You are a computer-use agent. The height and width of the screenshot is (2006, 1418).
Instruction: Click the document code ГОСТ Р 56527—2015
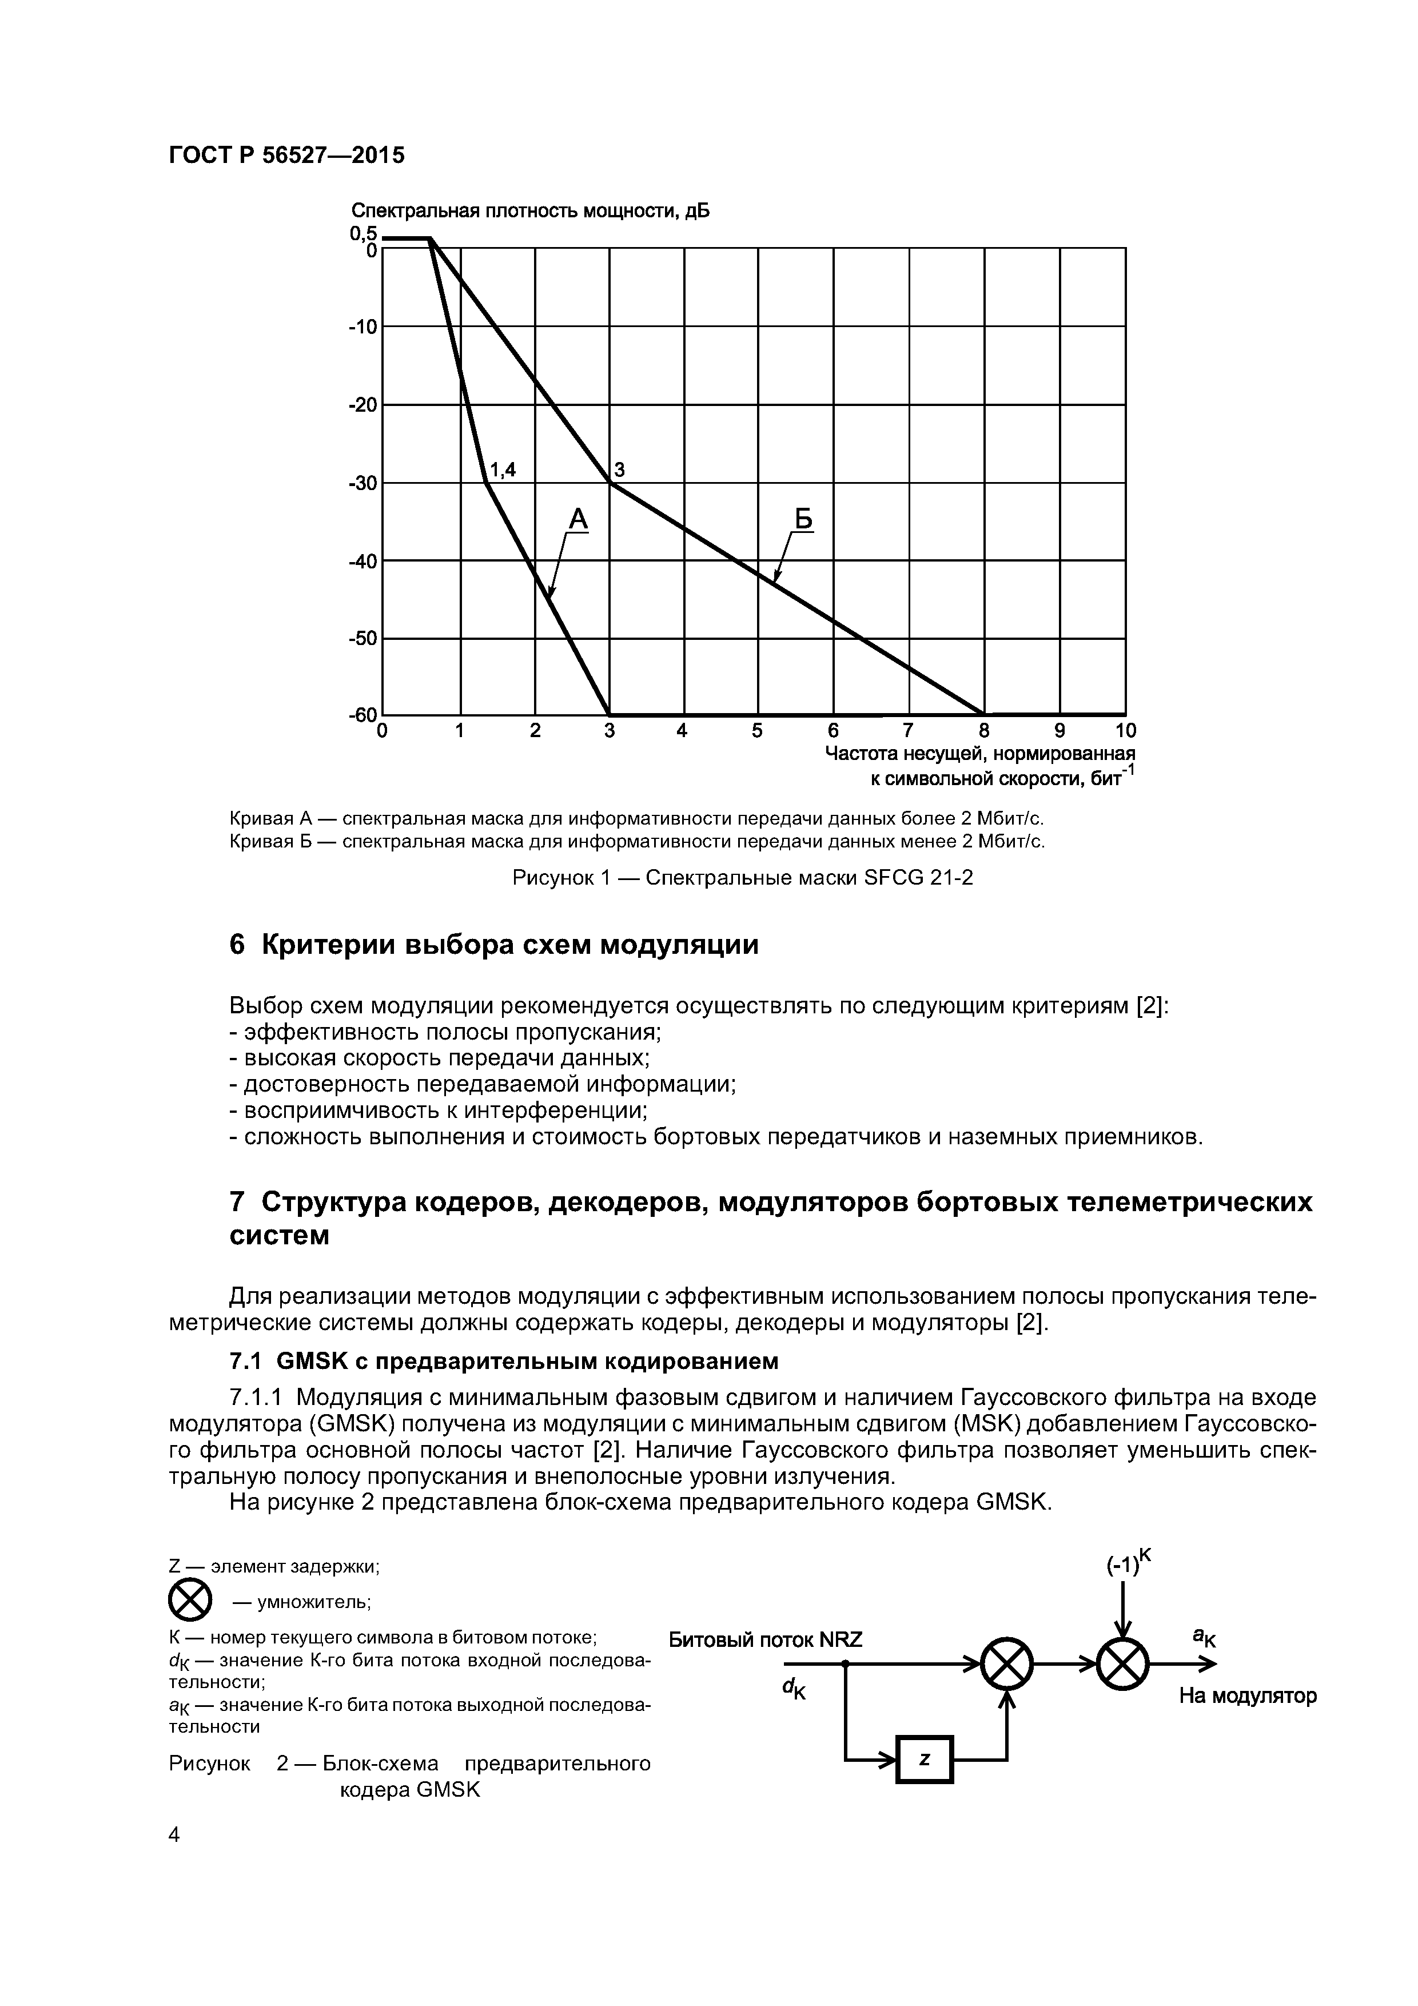286,156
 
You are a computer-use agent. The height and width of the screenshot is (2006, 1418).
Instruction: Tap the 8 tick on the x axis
984,730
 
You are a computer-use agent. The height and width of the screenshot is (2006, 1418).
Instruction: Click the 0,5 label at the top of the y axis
364,233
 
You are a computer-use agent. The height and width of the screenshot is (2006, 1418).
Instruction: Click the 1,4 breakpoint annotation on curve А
503,470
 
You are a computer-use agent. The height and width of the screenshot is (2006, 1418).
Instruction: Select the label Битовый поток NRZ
766,1640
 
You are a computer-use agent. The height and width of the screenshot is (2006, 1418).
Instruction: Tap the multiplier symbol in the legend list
190,1602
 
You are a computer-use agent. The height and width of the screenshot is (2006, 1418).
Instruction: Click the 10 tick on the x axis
1125,730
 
